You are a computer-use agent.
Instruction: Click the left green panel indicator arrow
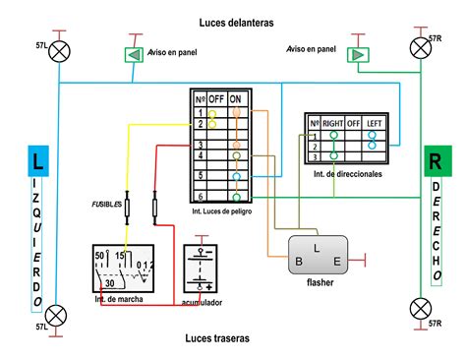pyautogui.click(x=133, y=54)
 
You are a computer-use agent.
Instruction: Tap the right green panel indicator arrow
pyautogui.click(x=357, y=54)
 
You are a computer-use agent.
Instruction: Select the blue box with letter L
pyautogui.click(x=36, y=161)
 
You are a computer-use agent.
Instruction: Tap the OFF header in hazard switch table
pyautogui.click(x=215, y=99)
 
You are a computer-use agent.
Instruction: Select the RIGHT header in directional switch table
pyautogui.click(x=335, y=123)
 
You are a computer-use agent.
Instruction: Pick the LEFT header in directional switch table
pyautogui.click(x=375, y=123)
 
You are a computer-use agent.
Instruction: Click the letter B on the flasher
pyautogui.click(x=298, y=261)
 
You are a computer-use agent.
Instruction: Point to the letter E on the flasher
pyautogui.click(x=336, y=261)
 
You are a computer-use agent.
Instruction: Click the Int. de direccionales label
pyautogui.click(x=347, y=174)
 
